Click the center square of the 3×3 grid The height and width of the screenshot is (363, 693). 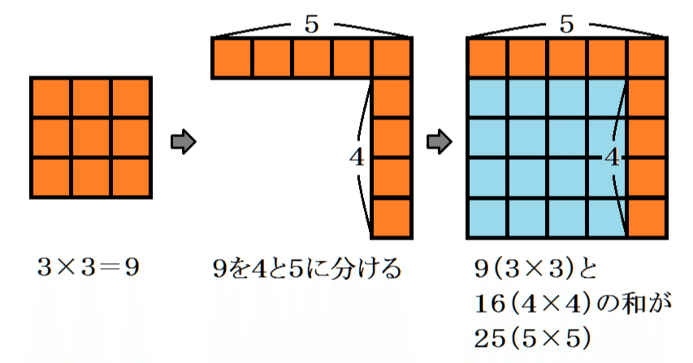tap(91, 138)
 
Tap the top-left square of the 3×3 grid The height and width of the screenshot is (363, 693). tap(51, 98)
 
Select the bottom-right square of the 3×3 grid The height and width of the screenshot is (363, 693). tap(131, 178)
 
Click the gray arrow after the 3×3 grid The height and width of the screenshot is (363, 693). tap(182, 142)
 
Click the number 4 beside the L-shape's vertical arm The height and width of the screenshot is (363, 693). tap(357, 158)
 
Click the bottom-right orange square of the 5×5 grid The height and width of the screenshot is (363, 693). tap(646, 219)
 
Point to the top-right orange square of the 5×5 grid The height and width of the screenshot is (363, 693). tap(646, 58)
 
